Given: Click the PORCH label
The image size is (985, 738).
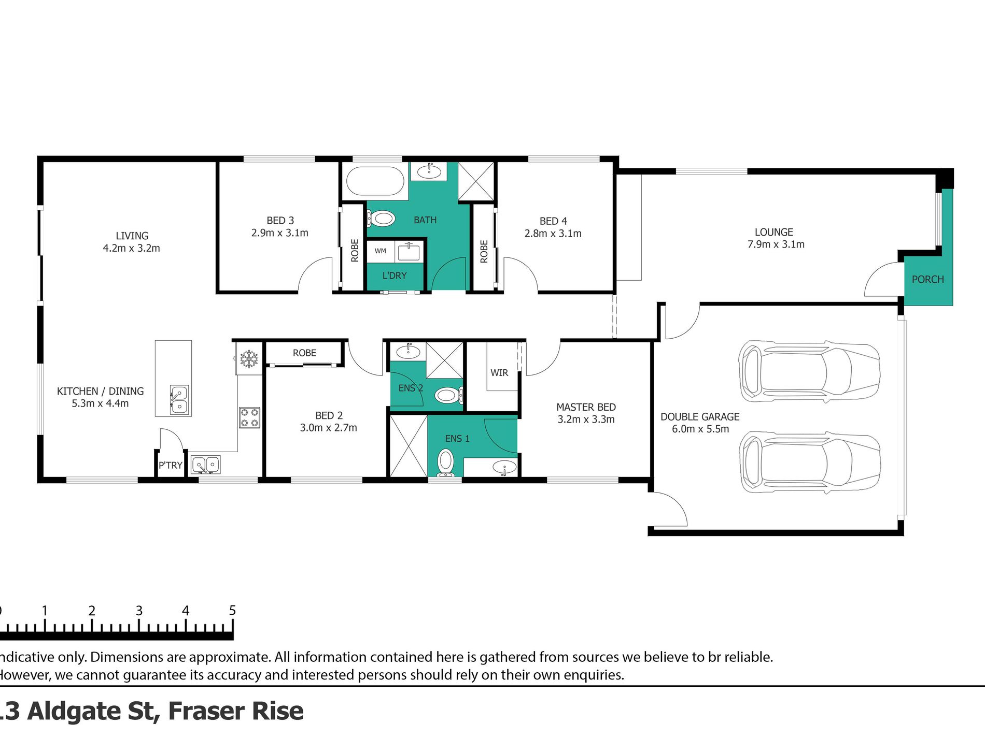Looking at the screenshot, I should click(927, 279).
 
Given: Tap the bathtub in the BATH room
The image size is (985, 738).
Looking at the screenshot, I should click(375, 182).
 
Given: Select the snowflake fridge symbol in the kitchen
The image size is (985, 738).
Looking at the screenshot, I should click(249, 358).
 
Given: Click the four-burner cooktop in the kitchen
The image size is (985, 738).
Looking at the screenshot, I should click(249, 418).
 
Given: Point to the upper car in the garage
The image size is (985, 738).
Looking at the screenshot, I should click(809, 371).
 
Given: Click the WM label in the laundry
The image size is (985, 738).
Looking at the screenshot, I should click(380, 251).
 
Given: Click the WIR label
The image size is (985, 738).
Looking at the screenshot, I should click(499, 373).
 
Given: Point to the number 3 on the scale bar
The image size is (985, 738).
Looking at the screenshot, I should click(139, 611).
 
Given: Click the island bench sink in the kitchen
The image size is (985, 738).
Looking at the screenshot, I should click(179, 400).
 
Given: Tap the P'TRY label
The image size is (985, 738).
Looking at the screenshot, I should click(171, 465).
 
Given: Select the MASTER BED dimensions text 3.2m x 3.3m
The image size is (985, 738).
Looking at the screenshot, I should click(586, 419).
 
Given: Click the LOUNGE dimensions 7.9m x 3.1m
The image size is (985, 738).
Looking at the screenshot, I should click(776, 244).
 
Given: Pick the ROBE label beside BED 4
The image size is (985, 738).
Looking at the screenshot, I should click(484, 251).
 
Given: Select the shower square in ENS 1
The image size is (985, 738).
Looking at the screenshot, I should click(408, 446).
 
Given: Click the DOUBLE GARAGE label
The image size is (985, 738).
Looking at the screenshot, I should click(700, 416).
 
